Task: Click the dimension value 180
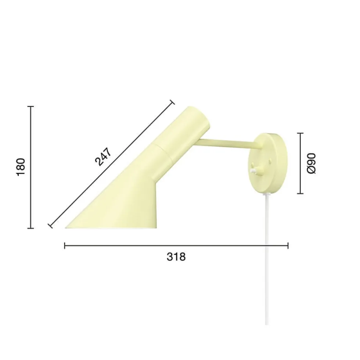(21, 167)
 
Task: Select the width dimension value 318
(176, 257)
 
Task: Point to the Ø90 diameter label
(312, 163)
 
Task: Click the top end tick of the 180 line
(30, 107)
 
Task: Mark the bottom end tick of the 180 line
(30, 228)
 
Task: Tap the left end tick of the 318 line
(65, 246)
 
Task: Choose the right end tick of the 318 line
(288, 246)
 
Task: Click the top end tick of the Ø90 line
(300, 133)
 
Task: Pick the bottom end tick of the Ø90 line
(300, 194)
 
